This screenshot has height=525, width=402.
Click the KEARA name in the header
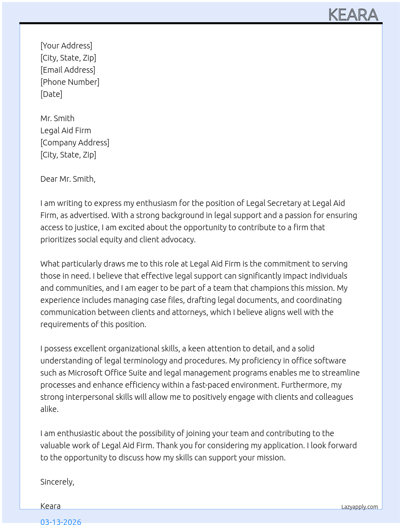pyautogui.click(x=353, y=15)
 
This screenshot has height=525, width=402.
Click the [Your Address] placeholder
pyautogui.click(x=66, y=46)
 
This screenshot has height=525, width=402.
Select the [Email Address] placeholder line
pyautogui.click(x=68, y=70)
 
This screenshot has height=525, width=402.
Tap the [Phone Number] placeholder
pyautogui.click(x=70, y=82)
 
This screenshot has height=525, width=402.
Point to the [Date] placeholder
pyautogui.click(x=51, y=94)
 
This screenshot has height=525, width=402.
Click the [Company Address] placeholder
pyautogui.click(x=75, y=143)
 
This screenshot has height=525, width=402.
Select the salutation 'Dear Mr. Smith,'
pyautogui.click(x=68, y=179)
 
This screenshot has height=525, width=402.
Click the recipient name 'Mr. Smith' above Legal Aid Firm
pyautogui.click(x=57, y=118)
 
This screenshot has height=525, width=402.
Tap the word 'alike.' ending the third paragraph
pyautogui.click(x=50, y=409)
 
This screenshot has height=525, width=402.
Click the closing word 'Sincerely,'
pyautogui.click(x=57, y=482)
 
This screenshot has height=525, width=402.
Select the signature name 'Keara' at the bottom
pyautogui.click(x=50, y=506)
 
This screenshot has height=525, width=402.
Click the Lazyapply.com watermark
pyautogui.click(x=360, y=507)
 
